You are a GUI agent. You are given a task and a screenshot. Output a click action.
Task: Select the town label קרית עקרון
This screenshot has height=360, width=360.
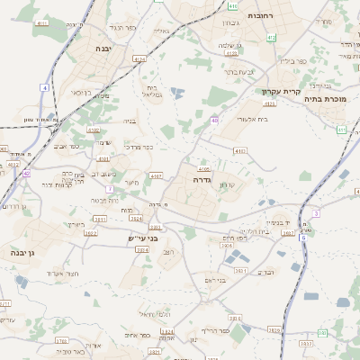click(x=279, y=91)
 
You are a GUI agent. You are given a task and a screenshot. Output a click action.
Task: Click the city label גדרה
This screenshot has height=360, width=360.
click(x=200, y=180)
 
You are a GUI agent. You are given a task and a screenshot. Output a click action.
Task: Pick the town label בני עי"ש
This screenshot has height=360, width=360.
click(x=142, y=238)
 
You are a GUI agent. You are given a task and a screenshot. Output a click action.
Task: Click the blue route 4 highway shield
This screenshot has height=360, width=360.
click(x=44, y=87)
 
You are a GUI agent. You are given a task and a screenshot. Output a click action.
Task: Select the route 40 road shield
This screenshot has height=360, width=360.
click(x=214, y=120)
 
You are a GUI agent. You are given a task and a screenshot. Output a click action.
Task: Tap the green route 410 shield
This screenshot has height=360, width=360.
click(x=233, y=5)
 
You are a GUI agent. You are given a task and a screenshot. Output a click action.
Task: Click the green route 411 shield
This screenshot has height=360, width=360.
click(x=341, y=130)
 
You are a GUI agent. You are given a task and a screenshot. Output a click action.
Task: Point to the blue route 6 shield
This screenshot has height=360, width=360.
click(x=303, y=238)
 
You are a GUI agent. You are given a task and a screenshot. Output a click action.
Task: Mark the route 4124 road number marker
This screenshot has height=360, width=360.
click(x=139, y=58)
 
